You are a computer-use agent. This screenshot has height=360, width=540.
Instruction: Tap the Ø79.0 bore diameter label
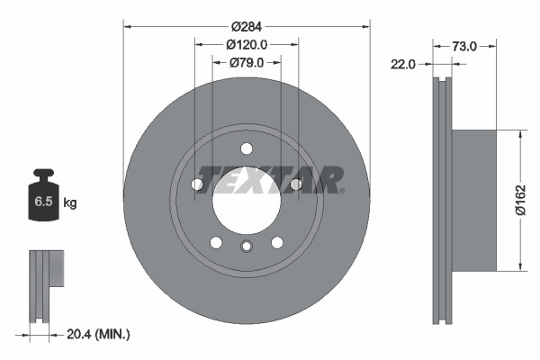tap(245, 63)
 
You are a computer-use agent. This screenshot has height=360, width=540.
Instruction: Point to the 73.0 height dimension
tap(463, 44)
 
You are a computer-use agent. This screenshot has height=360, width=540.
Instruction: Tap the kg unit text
tap(70, 203)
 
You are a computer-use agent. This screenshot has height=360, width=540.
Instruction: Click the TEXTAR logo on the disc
tap(270, 179)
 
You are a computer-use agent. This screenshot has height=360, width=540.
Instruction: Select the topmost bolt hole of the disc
tap(247, 149)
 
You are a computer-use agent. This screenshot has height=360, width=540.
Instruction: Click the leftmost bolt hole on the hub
tap(197, 184)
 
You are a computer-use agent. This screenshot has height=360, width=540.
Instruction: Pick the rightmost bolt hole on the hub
tap(295, 184)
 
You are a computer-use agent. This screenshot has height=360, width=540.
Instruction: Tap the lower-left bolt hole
tap(216, 242)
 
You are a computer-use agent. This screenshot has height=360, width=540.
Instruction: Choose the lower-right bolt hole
tap(277, 242)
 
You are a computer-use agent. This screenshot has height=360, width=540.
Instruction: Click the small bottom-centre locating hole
tap(247, 247)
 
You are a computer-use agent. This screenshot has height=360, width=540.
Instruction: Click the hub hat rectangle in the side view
tap(473, 199)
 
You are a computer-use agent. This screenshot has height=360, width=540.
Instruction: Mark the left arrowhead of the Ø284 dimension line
tap(127, 27)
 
